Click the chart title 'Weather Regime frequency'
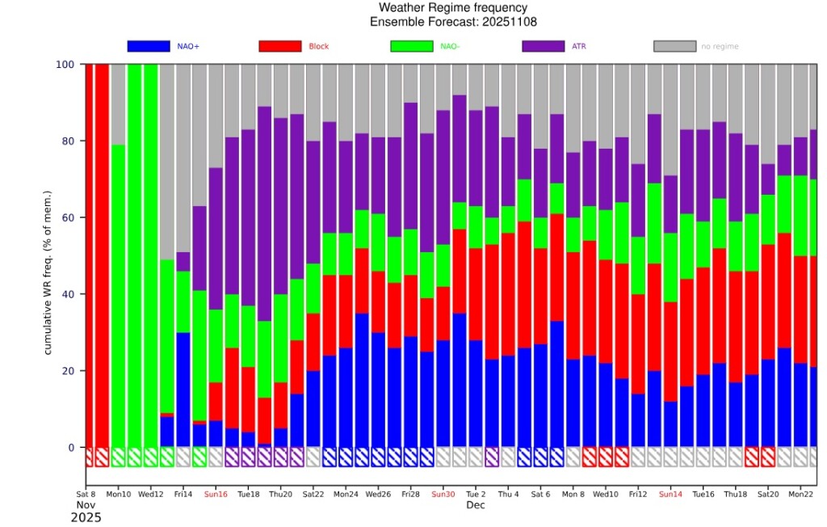(453, 8)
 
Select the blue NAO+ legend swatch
(149, 46)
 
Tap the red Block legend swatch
(280, 46)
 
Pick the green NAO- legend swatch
(411, 46)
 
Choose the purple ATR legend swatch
(544, 46)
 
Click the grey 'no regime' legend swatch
(674, 46)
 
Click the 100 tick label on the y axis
(65, 65)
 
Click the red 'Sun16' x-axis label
(216, 494)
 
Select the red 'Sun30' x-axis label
(443, 494)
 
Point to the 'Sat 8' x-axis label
(86, 494)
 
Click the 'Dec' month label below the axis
(475, 505)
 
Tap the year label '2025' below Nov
(86, 517)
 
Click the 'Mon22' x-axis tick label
(800, 494)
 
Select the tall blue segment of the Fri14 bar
(183, 390)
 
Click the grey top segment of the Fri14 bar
(183, 158)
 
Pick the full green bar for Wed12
(151, 255)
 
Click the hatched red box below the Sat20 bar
(768, 457)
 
